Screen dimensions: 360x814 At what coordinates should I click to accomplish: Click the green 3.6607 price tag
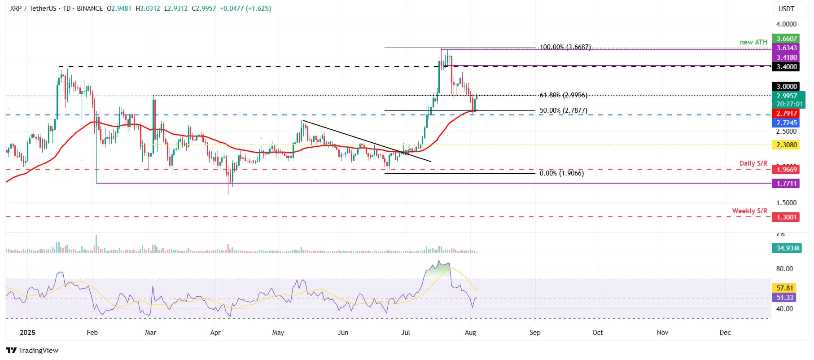786,39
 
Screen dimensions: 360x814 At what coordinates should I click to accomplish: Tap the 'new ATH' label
753,42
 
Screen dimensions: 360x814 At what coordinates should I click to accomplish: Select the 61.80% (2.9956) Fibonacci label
563,95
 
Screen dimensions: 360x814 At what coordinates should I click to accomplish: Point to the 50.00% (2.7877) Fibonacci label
563,110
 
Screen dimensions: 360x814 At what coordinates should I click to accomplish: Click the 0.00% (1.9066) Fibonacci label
561,173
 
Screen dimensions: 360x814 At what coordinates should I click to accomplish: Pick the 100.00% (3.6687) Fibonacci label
565,47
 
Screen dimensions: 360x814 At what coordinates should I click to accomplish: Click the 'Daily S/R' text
753,163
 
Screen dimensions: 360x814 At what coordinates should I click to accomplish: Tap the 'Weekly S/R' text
749,211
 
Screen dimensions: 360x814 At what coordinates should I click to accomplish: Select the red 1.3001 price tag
786,217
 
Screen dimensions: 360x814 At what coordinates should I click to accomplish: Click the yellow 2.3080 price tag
786,145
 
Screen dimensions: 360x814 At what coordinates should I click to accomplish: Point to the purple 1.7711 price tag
786,184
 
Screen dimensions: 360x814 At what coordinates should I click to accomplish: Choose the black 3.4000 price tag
786,67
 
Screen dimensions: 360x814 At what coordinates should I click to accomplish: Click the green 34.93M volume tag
788,248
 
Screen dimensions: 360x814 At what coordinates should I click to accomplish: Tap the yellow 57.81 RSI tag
785,288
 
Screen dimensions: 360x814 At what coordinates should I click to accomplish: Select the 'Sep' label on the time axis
535,333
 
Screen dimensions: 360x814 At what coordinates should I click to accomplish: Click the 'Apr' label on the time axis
215,333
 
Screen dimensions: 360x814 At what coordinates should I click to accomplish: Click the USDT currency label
786,9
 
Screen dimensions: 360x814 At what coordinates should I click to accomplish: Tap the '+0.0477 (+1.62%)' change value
245,9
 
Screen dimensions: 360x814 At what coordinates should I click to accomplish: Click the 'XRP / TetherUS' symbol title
34,9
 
